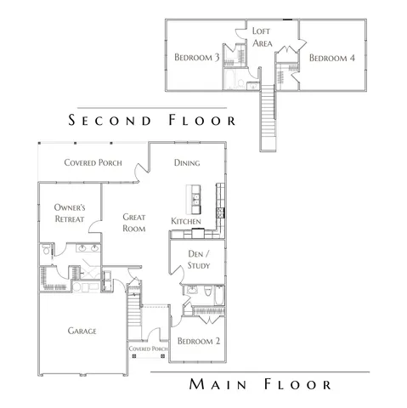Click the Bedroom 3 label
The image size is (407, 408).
[x=197, y=57]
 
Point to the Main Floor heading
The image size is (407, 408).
[x=260, y=385]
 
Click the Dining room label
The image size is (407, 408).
[x=186, y=162]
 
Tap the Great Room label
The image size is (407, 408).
[x=133, y=223]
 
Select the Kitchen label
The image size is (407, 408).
[x=186, y=222]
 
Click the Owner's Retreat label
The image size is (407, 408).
[x=68, y=212]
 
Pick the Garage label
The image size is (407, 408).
[x=82, y=331]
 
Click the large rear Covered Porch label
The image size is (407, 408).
[x=93, y=162]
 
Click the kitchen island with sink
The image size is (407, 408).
[x=194, y=201]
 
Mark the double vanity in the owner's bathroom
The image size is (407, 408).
[x=86, y=250]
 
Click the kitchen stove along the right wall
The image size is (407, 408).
[x=220, y=212]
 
